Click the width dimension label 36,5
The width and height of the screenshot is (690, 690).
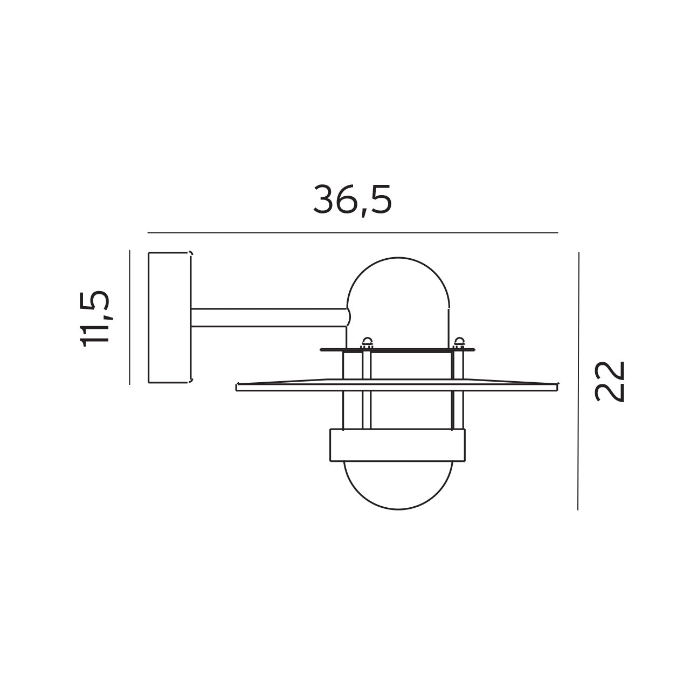click(353, 200)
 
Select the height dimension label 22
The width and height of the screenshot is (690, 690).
click(610, 381)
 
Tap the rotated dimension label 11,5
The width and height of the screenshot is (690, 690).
click(95, 318)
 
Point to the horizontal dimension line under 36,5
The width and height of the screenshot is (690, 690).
click(353, 233)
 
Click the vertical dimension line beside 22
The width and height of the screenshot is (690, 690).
click(578, 381)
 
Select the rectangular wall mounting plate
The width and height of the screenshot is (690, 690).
click(169, 317)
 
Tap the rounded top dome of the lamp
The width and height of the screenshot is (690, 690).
click(398, 280)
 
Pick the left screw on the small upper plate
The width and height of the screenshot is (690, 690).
click(368, 341)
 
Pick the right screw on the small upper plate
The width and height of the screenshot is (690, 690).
click(459, 341)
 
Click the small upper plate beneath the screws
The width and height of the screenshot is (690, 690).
click(398, 350)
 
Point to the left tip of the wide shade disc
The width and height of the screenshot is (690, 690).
click(238, 387)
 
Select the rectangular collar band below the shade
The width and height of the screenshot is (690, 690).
click(397, 445)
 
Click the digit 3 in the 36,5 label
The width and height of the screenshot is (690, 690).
click(325, 200)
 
